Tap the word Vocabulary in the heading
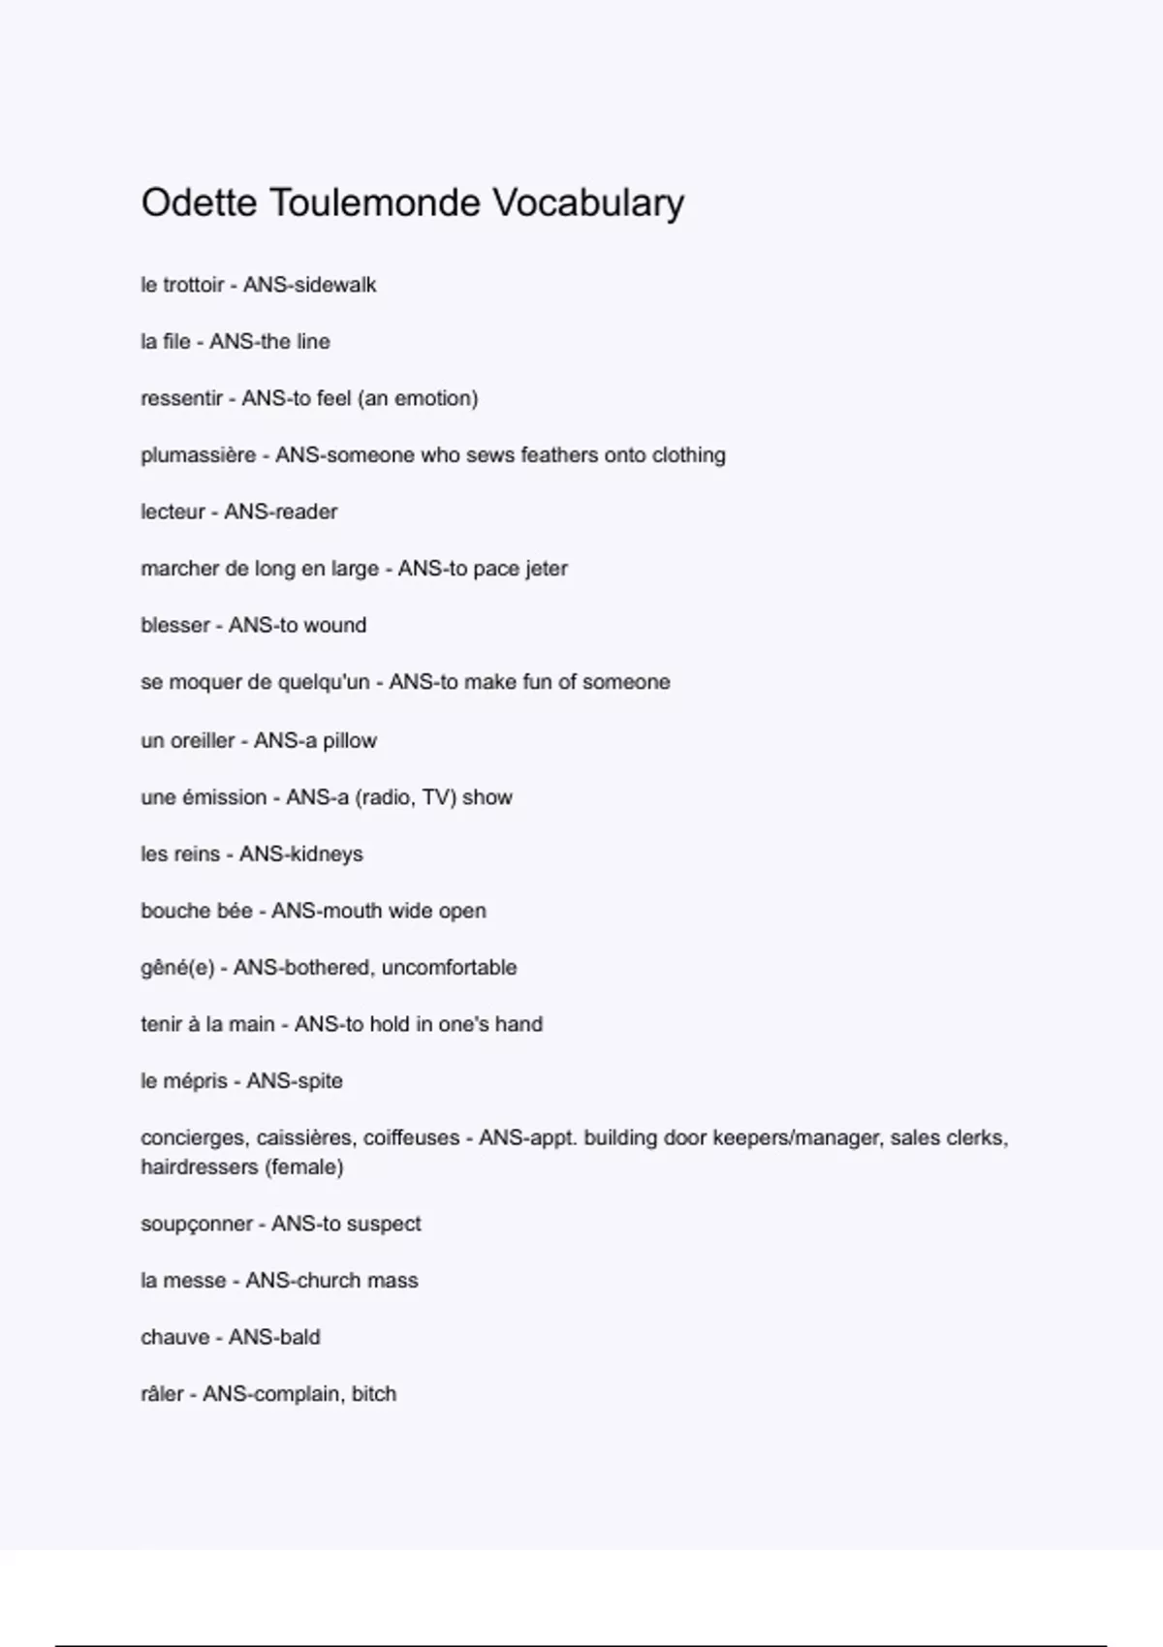pos(588,203)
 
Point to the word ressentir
pos(181,398)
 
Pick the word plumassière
pos(198,455)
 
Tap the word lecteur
pos(173,512)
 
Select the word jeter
pos(546,569)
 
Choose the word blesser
pos(175,626)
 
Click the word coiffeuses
pos(411,1138)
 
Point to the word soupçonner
pos(197,1225)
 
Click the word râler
pos(162,1394)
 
